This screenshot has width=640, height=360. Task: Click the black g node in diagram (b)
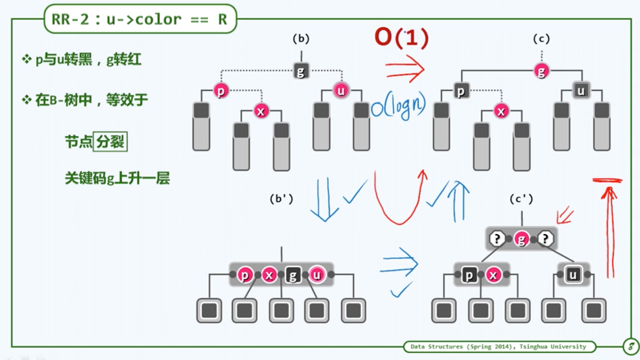(x=301, y=71)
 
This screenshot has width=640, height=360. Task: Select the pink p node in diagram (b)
(x=221, y=91)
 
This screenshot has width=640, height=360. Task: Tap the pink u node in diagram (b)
(x=341, y=91)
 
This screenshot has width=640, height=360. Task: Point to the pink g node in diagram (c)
(x=542, y=71)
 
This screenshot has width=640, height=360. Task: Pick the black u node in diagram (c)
(x=581, y=91)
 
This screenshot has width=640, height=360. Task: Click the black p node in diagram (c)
(x=461, y=91)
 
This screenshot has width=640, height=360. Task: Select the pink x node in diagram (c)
(x=501, y=111)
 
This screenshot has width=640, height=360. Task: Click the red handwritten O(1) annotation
(x=402, y=37)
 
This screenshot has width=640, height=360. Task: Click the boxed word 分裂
(x=110, y=142)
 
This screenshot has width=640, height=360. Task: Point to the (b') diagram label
(x=281, y=199)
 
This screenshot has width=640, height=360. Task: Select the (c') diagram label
(x=521, y=199)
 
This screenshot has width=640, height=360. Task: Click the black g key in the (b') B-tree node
(x=293, y=275)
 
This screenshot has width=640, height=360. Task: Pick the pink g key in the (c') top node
(x=521, y=239)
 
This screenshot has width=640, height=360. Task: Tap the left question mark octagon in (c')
(x=497, y=239)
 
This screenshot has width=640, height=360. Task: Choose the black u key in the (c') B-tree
(x=573, y=275)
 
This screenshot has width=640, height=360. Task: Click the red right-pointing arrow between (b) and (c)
(x=404, y=69)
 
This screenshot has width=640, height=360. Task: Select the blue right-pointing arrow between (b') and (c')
(x=399, y=262)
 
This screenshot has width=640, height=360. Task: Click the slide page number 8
(x=631, y=346)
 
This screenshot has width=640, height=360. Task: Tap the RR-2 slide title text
(x=140, y=19)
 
